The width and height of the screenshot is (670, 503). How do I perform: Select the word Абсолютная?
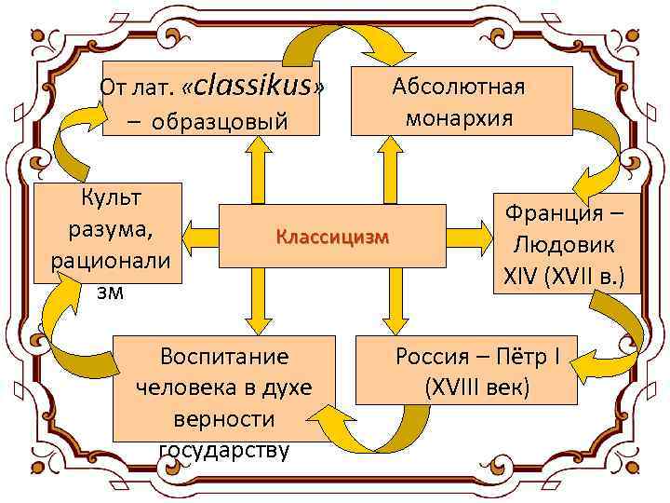[x=459, y=87]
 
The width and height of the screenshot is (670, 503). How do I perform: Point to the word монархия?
[x=459, y=118]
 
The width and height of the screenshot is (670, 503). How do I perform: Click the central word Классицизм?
[x=331, y=237]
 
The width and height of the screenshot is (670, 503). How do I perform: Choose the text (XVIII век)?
[x=476, y=386]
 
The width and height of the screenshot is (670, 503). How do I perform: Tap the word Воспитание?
[x=224, y=356]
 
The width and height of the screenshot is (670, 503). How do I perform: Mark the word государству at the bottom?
[x=224, y=451]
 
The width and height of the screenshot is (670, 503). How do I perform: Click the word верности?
[x=224, y=419]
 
